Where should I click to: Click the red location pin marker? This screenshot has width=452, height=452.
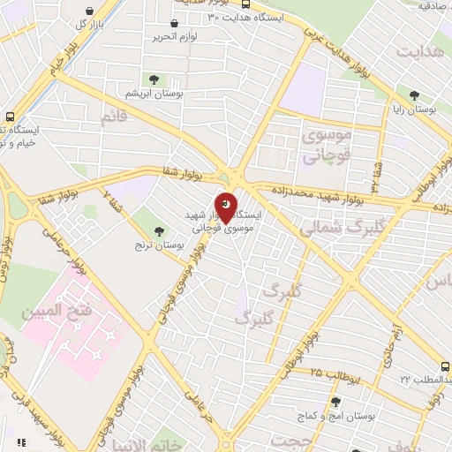click(x=226, y=209)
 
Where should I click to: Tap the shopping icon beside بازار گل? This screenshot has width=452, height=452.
click(x=88, y=11)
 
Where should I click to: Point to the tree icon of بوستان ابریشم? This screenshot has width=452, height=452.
click(x=154, y=79)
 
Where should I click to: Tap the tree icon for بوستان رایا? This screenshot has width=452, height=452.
click(x=414, y=94)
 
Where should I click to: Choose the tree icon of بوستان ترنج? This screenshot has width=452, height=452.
click(x=160, y=231)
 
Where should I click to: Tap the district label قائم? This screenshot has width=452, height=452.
click(x=116, y=117)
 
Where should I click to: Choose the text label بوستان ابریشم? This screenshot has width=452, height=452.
click(x=154, y=94)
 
